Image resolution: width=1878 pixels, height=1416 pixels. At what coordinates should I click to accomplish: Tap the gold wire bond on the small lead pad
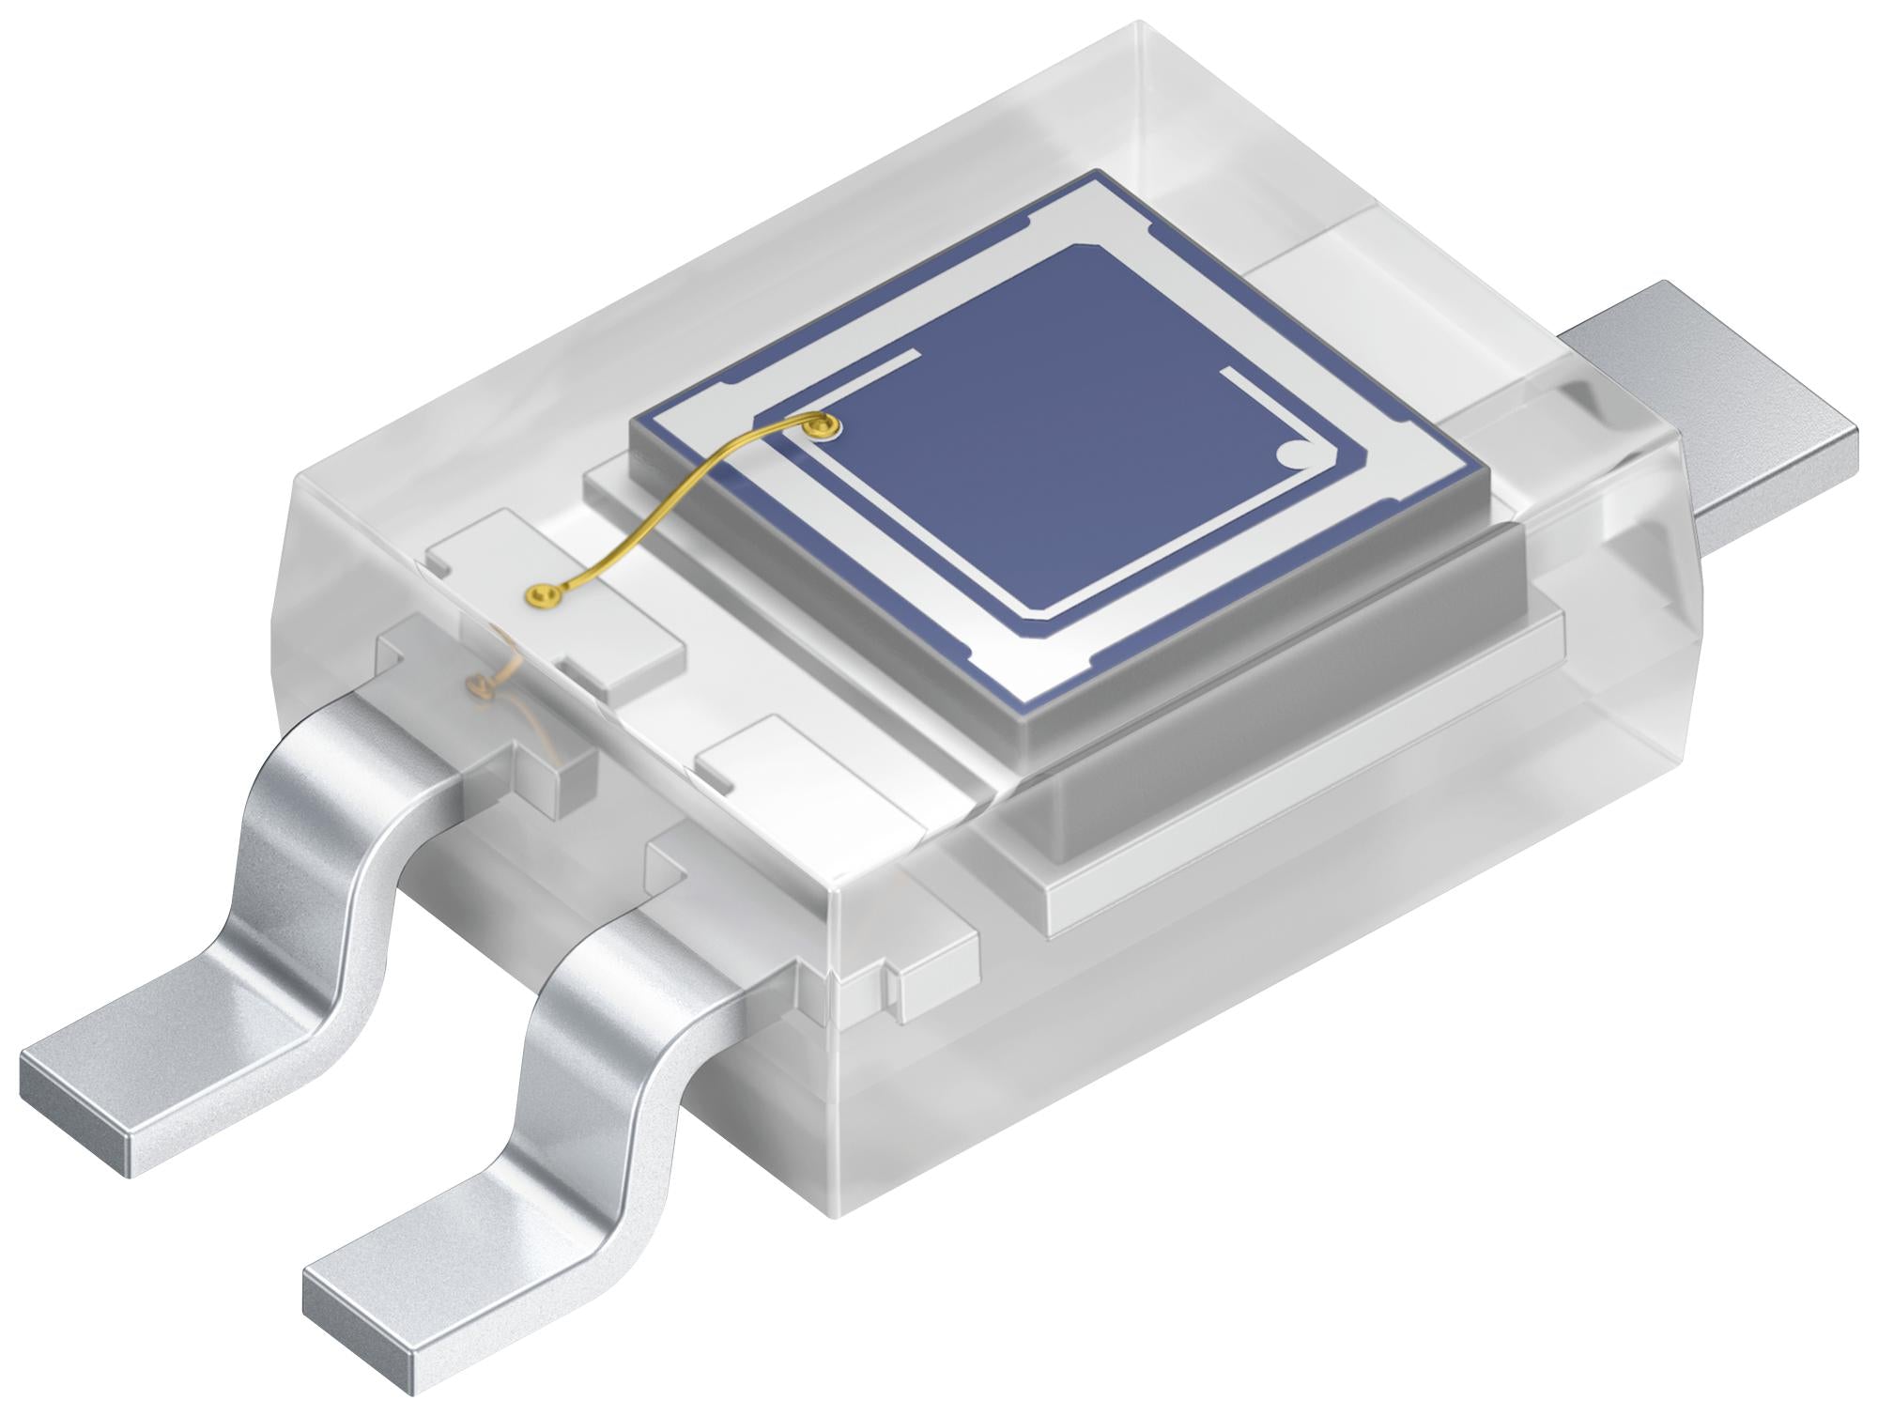(541, 593)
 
